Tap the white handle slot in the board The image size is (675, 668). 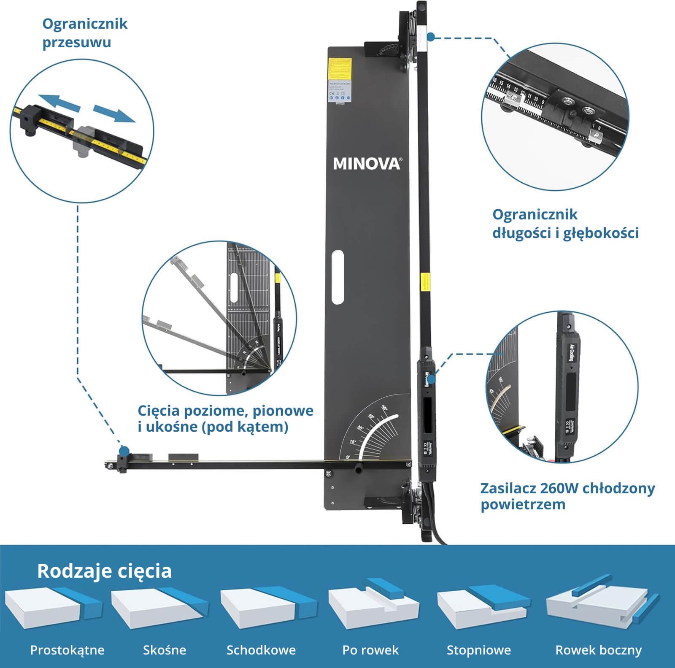[337, 276]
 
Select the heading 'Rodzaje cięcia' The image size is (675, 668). [104, 571]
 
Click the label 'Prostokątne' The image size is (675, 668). [67, 650]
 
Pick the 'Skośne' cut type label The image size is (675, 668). [165, 650]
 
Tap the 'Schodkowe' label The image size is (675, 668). [261, 650]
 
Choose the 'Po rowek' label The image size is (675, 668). [370, 650]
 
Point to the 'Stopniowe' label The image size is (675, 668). [479, 650]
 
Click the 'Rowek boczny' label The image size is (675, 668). [598, 650]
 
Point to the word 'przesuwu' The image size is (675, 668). [77, 42]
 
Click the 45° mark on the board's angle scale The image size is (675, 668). [371, 417]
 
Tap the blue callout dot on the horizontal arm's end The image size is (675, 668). [124, 450]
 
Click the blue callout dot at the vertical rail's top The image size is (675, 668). [431, 37]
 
